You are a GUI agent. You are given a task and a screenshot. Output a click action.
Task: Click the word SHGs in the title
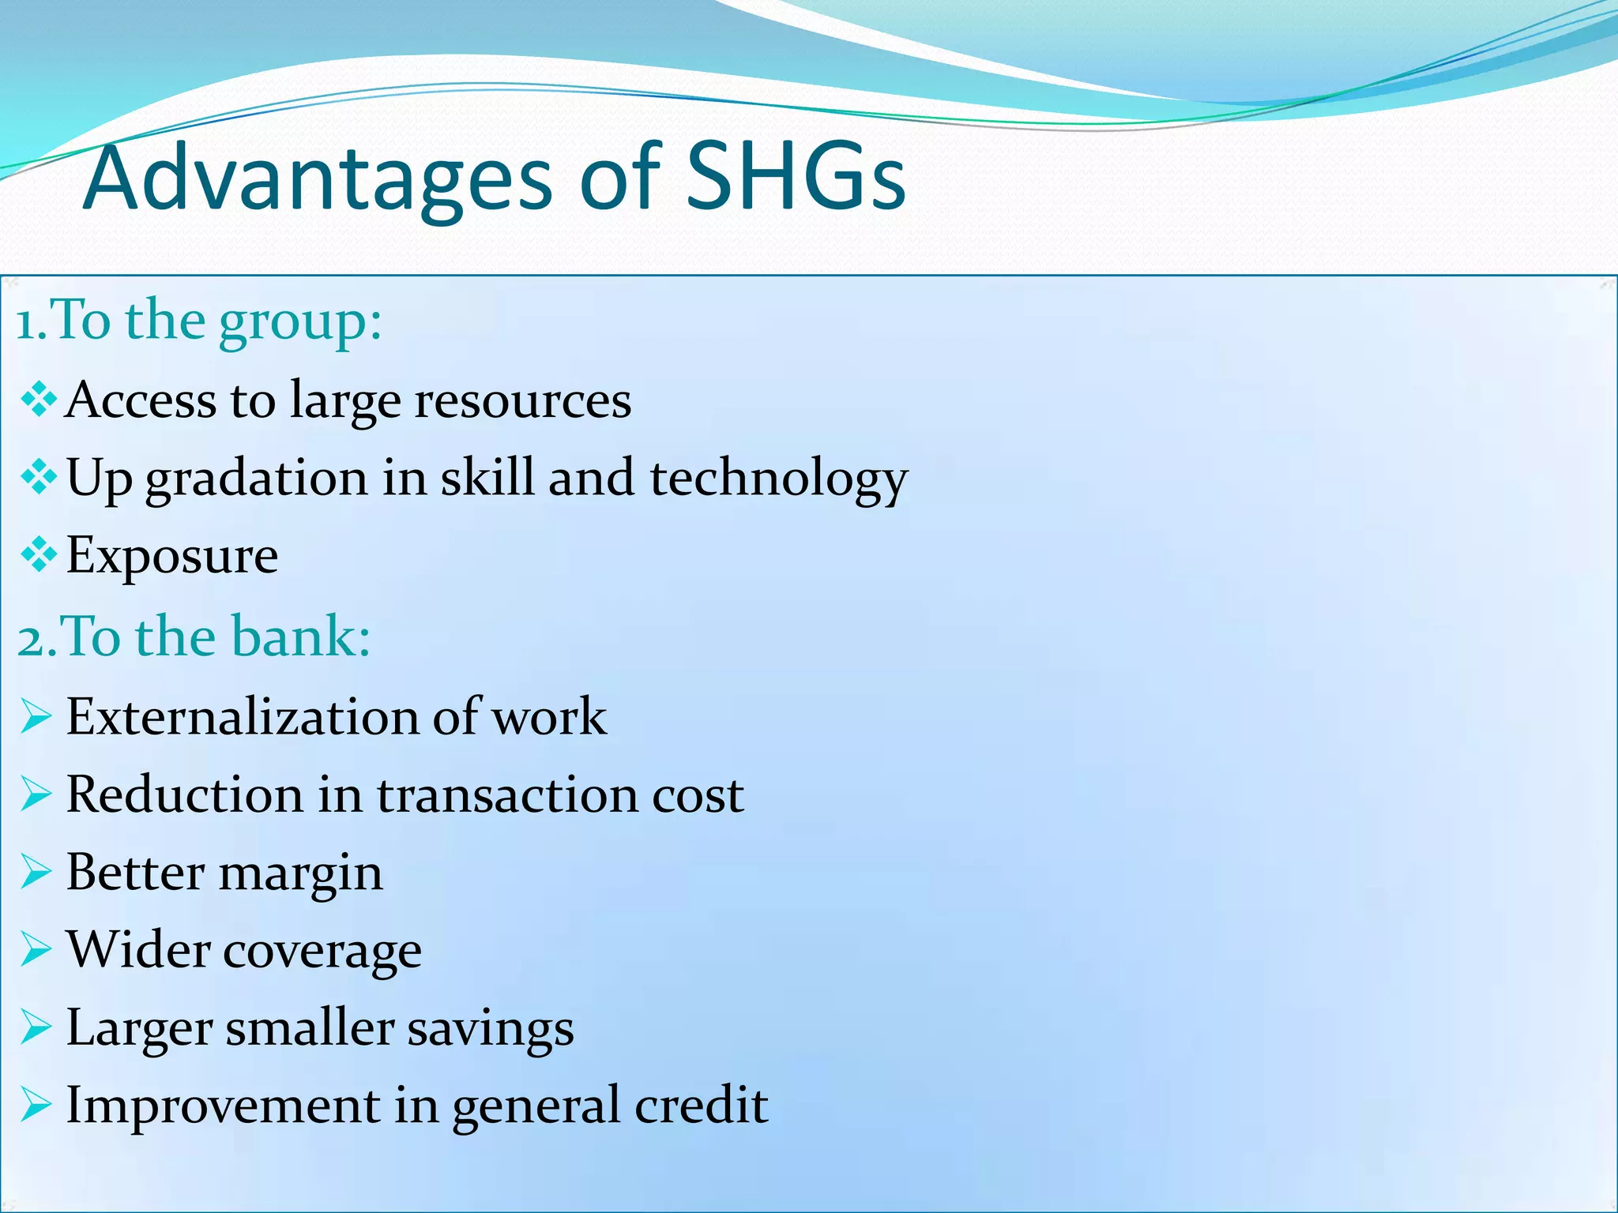click(795, 178)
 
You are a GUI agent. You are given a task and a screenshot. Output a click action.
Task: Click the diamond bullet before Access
click(38, 399)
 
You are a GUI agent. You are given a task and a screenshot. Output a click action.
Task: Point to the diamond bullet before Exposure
click(38, 555)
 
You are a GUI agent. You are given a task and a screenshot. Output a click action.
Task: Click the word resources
click(523, 400)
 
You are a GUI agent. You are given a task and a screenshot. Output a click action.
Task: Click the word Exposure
click(172, 557)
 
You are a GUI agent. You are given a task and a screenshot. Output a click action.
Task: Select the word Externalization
click(243, 717)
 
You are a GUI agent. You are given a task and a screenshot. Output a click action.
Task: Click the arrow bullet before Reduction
click(36, 794)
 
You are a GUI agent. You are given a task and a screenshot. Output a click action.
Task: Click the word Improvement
click(223, 1105)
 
